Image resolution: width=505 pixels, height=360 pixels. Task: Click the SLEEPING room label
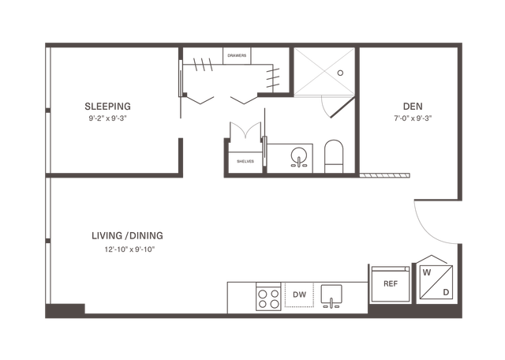[107, 107]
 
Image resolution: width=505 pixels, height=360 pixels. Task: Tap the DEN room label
[413, 107]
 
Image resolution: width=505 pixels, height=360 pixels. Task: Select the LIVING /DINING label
[127, 235]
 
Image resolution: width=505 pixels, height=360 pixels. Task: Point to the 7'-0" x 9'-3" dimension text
[413, 118]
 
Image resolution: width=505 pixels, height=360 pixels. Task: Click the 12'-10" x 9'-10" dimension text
[129, 249]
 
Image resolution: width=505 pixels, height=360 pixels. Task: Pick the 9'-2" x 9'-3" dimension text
[107, 118]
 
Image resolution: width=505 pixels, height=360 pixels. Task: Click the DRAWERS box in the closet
[237, 56]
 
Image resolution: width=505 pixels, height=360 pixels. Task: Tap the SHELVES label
[245, 162]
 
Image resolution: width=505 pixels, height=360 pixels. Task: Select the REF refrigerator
[391, 284]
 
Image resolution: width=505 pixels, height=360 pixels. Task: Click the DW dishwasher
[299, 294]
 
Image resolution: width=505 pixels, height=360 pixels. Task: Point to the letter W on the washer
[427, 272]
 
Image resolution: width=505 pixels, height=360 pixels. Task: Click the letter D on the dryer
[446, 292]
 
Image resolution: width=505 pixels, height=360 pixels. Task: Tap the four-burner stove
[268, 297]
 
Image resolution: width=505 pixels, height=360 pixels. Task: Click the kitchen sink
[331, 296]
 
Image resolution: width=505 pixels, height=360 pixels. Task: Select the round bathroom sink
[299, 156]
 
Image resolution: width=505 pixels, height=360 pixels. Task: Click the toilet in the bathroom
[334, 156]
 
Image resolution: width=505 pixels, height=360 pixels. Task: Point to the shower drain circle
[340, 73]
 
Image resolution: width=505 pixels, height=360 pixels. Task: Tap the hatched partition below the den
[384, 175]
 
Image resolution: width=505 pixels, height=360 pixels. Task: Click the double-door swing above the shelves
[245, 132]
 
